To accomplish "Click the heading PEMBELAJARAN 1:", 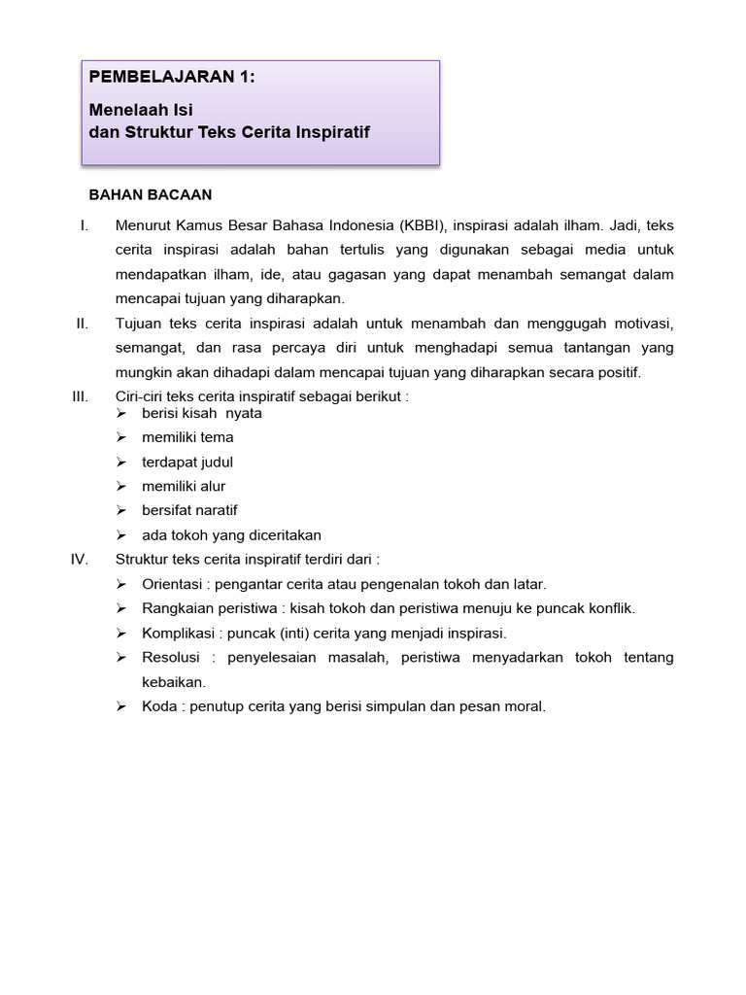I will click(x=172, y=79).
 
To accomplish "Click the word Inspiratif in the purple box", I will click(x=330, y=131).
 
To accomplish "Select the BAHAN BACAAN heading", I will click(x=151, y=195).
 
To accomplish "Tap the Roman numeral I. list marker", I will click(x=85, y=225).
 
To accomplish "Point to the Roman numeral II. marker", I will click(x=83, y=323).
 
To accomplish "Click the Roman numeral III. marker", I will click(x=81, y=396).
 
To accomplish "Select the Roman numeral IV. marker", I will click(x=81, y=559).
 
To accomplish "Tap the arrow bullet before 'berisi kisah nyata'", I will click(x=121, y=413).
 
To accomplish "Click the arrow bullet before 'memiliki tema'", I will click(x=121, y=437).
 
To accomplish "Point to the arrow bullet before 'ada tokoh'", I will click(x=121, y=534).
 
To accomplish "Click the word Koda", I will click(x=160, y=706).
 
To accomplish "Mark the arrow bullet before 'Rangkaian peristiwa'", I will click(x=121, y=608).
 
